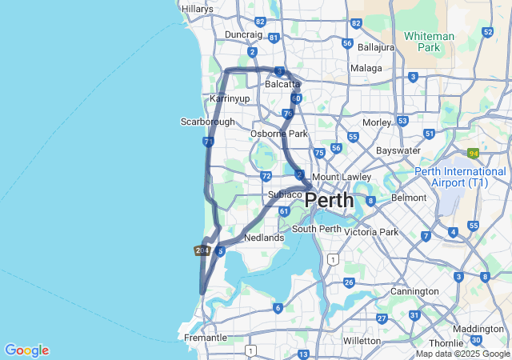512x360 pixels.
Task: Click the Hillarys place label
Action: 198,9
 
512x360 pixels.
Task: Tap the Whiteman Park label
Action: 429,42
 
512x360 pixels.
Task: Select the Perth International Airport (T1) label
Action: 460,178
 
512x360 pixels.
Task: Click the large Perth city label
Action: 330,199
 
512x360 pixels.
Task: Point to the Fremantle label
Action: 206,338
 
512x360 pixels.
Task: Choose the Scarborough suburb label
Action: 207,122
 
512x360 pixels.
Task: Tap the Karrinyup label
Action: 230,98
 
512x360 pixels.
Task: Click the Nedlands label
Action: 264,238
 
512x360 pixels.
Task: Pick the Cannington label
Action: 414,291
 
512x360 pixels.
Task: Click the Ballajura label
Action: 377,47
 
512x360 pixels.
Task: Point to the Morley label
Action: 376,122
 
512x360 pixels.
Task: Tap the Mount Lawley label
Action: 342,177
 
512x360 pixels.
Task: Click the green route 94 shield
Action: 474,153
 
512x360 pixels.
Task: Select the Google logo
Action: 26,350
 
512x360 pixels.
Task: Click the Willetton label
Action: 361,341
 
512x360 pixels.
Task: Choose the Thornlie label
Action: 446,343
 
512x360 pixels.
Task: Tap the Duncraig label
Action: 243,35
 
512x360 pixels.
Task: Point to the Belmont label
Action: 409,197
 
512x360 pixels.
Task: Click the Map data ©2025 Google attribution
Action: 462,354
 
